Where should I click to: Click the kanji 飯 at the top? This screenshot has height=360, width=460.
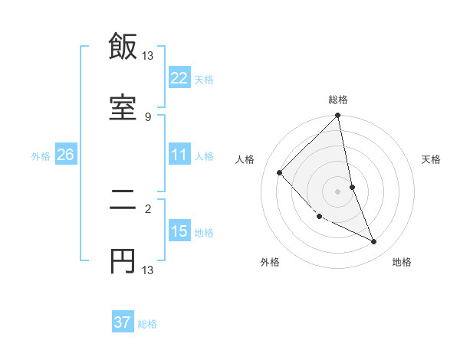coord(123,47)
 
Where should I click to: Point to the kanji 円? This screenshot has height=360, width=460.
coord(123,262)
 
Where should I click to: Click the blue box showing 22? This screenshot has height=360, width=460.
coord(179,78)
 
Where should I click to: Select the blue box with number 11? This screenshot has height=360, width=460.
coord(179,155)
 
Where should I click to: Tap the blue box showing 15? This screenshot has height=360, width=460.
coord(179,231)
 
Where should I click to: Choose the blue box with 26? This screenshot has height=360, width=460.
coord(65,155)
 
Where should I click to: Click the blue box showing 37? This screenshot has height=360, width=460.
coord(123,323)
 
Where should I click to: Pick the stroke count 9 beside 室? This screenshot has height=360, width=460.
coord(148,116)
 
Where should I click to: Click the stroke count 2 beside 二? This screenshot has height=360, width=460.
coord(148,208)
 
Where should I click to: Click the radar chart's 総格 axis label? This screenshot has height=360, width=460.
coord(338,100)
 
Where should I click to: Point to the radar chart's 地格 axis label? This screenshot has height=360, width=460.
coord(402,263)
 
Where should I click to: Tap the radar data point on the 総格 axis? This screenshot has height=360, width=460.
coord(338,116)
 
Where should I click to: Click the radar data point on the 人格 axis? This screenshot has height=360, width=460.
coord(280,172)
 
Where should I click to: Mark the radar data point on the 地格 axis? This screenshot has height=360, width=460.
coord(374,242)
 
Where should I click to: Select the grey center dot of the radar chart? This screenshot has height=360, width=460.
coord(338,191)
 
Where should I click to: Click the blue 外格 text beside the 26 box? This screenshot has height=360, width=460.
coord(41,156)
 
